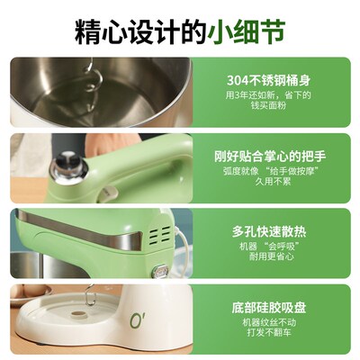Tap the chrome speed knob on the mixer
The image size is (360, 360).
66,163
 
